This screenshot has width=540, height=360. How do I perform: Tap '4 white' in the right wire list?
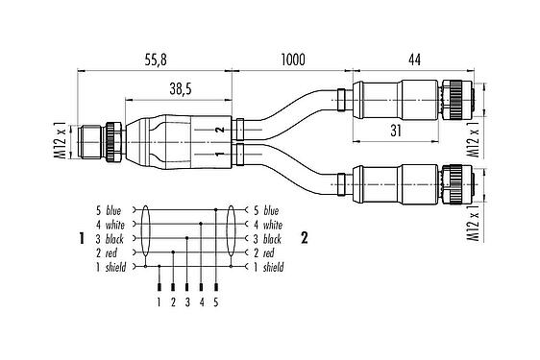266,224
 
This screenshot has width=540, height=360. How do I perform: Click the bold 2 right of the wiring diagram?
305,237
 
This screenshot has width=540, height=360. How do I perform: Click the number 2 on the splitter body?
220,130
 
